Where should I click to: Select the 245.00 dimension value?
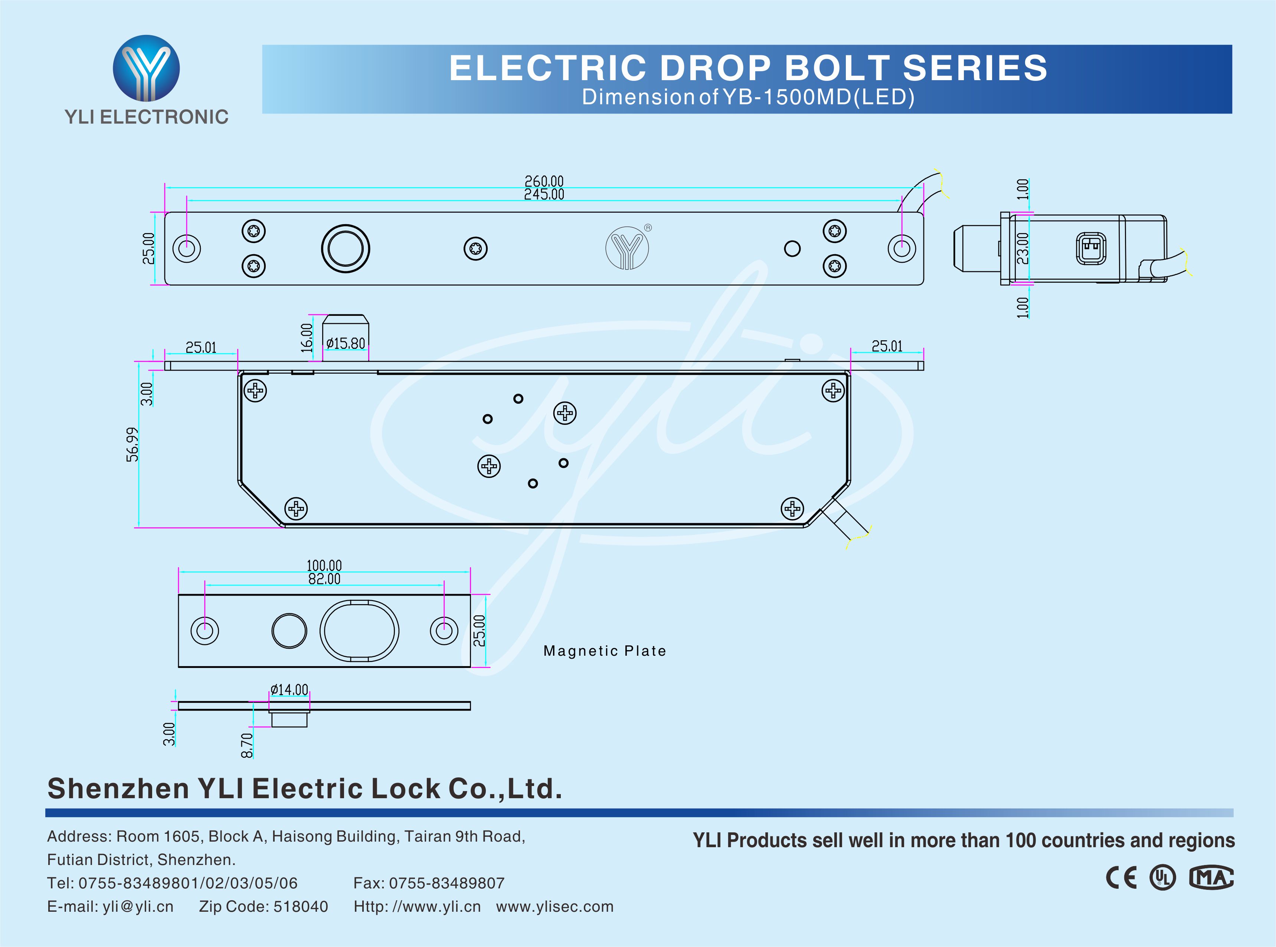point(544,195)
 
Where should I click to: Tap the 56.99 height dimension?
point(132,444)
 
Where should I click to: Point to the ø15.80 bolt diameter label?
point(346,343)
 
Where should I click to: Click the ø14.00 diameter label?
point(289,689)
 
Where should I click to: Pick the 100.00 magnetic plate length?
point(324,566)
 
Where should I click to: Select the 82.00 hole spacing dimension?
point(324,579)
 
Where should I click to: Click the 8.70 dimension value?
point(246,745)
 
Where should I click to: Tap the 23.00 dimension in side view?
point(1023,248)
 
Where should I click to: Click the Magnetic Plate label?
point(605,651)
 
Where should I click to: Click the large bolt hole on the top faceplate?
point(346,249)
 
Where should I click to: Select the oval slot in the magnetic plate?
point(359,630)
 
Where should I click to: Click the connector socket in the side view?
point(1091,249)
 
